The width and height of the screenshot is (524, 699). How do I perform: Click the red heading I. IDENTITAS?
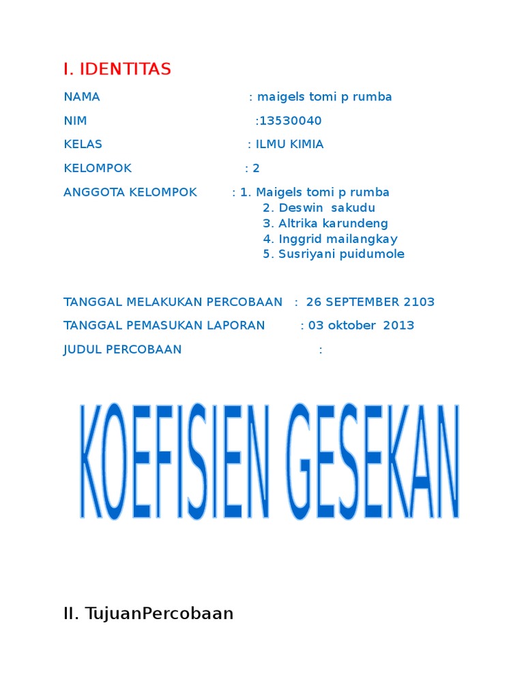click(x=117, y=69)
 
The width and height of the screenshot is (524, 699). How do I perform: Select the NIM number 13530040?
click(x=290, y=121)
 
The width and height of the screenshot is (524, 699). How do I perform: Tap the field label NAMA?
click(x=81, y=97)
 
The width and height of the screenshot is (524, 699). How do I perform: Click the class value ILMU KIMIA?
click(x=289, y=145)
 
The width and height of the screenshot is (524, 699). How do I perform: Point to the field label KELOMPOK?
click(x=98, y=169)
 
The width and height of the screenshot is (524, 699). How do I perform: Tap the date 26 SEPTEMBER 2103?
click(x=370, y=302)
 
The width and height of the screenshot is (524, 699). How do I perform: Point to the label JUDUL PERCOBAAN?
click(x=123, y=350)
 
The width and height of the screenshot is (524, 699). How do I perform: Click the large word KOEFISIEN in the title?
click(x=175, y=461)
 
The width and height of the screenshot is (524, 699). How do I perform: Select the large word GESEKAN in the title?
click(x=373, y=461)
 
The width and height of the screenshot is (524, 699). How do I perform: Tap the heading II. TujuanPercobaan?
click(x=148, y=614)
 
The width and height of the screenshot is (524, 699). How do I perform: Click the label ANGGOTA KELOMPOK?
click(x=130, y=192)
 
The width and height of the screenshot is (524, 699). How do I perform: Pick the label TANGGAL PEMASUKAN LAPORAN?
click(x=164, y=326)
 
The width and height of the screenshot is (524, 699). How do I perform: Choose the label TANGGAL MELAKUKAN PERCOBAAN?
click(x=173, y=302)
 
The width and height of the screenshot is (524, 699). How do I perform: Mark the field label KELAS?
click(x=83, y=145)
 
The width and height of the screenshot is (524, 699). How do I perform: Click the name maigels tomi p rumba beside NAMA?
click(x=325, y=97)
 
